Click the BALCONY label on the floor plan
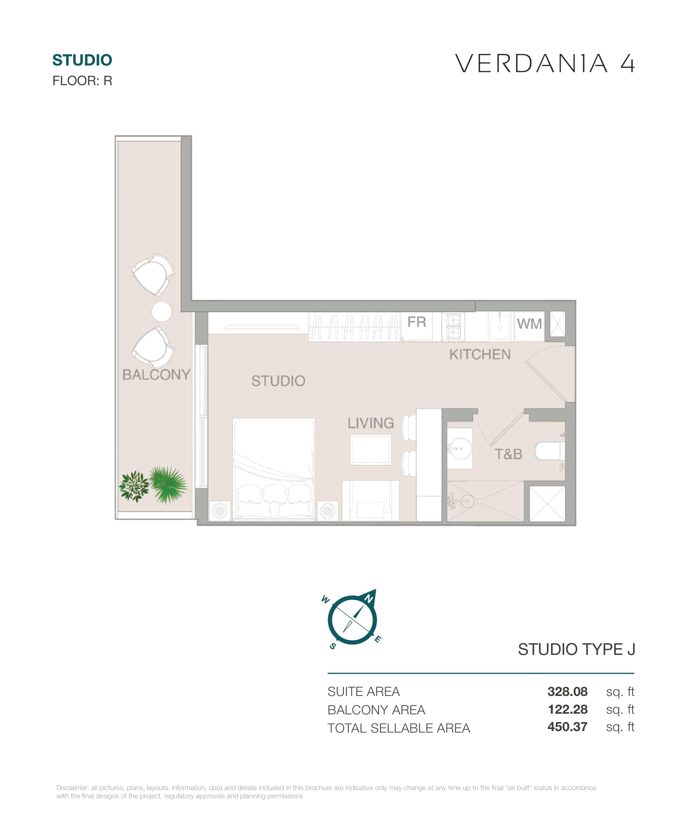pos(156,374)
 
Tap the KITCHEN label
pos(480,354)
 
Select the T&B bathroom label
pos(508,454)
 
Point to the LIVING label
pos(371,423)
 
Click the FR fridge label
pos(417,322)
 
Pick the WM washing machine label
pos(529,323)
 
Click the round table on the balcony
pos(161,311)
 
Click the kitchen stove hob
pos(454,327)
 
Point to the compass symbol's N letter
pos(369,599)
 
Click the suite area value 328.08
pos(567,691)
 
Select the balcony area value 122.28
pos(568,709)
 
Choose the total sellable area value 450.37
pos(567,727)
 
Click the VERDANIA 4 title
pos(545,64)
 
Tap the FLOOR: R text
pos(82,81)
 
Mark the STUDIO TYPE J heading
pos(577,649)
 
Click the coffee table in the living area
pos(371,449)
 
